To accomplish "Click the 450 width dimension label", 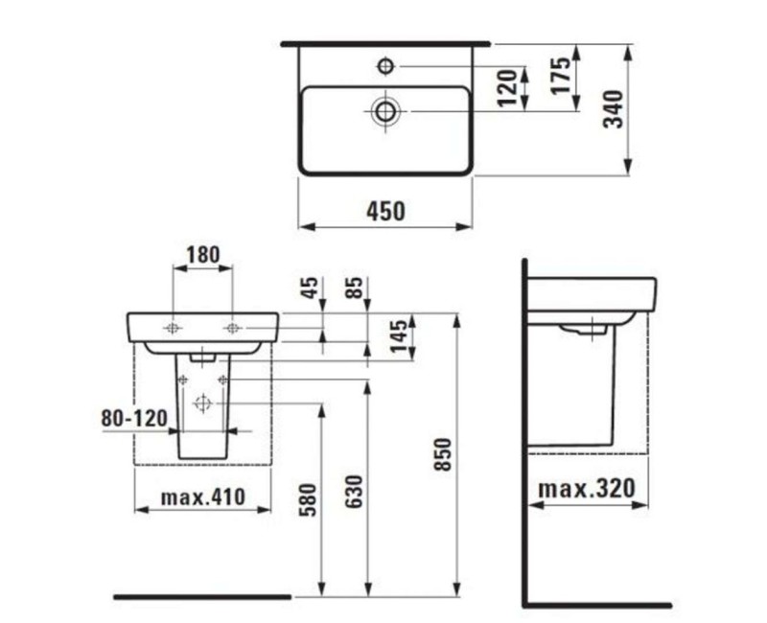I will [x=385, y=210].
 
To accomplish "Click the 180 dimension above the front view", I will [x=202, y=255].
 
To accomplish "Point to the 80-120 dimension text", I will [x=134, y=418].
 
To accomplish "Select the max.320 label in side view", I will [x=586, y=489].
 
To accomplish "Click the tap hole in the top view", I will [x=385, y=65].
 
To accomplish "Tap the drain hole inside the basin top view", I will [x=385, y=110].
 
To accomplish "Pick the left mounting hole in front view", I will [x=172, y=329].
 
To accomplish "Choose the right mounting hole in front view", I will [x=232, y=329].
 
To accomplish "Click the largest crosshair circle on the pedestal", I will [x=202, y=404].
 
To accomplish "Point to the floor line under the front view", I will [x=201, y=597].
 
